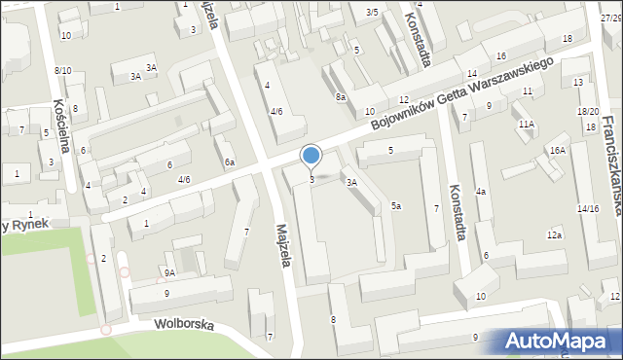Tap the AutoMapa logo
tap(559, 340)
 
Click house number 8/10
tap(62, 70)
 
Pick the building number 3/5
tap(372, 12)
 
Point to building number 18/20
tap(587, 113)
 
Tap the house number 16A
tap(557, 150)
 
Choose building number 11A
tap(527, 125)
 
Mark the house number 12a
tap(554, 235)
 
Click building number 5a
tap(396, 205)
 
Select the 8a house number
tap(341, 97)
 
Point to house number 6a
tap(230, 162)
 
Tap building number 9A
tap(169, 273)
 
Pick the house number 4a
tap(480, 192)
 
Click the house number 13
tap(578, 83)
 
